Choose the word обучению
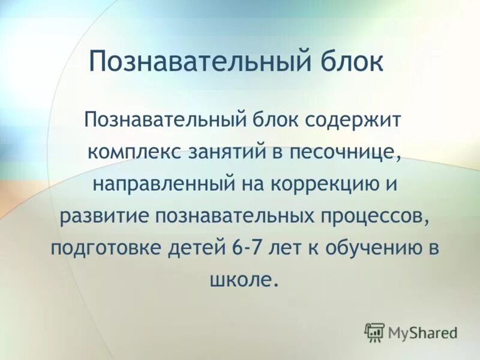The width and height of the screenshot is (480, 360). [372, 247]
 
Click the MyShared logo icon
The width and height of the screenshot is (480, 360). [374, 331]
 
